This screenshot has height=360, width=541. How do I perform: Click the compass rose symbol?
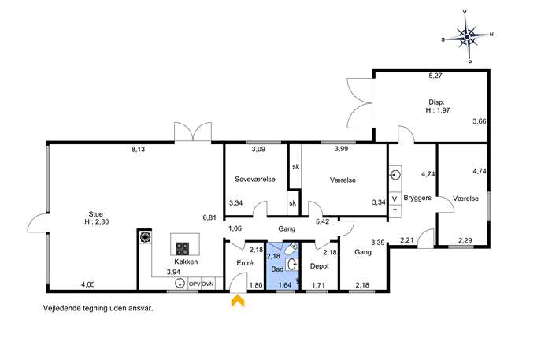467,36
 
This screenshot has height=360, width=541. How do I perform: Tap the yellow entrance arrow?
238,301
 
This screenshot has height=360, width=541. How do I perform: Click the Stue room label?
95,214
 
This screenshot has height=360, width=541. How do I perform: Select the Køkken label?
186,262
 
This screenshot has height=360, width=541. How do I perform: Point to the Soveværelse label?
255,179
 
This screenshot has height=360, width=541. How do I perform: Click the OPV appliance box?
195,284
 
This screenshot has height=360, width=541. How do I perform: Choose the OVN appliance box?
208,284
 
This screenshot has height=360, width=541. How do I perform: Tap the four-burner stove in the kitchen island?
182,248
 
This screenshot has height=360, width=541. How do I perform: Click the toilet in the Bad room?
291,248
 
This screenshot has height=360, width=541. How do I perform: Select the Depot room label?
319,266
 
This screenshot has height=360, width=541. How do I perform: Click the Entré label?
245,263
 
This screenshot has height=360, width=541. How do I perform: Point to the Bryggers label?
417,199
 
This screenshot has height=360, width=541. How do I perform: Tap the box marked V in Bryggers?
395,199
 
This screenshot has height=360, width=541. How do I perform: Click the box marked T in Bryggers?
395,212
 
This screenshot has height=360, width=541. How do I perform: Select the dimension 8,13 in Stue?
138,150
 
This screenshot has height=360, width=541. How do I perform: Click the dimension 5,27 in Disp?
435,76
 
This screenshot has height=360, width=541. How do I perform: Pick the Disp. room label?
436,102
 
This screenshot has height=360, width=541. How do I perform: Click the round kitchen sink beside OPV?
180,284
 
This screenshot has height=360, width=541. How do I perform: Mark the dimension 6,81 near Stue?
209,217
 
